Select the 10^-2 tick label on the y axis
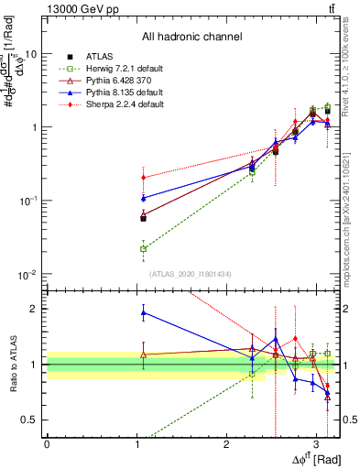pyautogui.click(x=30, y=275)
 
